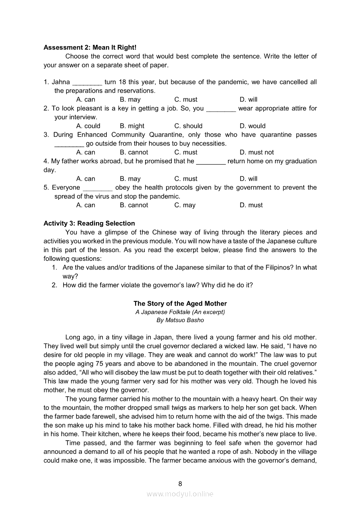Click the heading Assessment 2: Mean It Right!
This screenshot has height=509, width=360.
coord(90,47)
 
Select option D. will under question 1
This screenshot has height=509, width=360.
coord(248,100)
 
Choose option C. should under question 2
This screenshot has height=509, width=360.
coord(188,126)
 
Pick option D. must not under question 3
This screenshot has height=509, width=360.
coord(257,152)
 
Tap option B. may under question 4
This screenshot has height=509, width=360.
coord(130,179)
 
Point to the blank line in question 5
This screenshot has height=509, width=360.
coord(98,188)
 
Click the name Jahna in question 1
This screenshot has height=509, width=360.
coord(61,82)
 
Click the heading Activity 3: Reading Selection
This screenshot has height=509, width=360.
coord(89,223)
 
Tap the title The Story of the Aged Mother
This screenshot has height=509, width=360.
coord(180,303)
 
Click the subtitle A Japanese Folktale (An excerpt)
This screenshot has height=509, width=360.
coord(180,312)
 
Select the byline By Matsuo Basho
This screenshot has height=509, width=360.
coord(180,320)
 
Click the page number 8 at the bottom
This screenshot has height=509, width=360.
coord(180,483)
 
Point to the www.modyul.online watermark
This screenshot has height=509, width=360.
coord(180,494)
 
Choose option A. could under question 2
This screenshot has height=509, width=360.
coord(88,126)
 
